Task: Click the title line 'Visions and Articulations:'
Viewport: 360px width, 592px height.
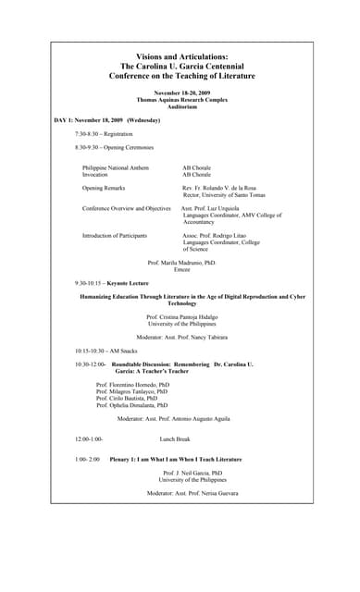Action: [181, 56]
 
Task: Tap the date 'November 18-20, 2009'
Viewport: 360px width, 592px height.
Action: [181, 93]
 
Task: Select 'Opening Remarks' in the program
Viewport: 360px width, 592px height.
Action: [104, 188]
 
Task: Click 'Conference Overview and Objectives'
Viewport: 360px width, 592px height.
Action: [127, 208]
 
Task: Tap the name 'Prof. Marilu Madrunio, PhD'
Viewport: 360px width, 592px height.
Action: [181, 264]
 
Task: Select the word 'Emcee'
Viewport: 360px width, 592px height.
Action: [181, 270]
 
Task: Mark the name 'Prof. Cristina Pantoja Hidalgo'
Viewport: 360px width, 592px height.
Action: [181, 317]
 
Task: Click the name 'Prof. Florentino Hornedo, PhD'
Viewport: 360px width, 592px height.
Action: [133, 384]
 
